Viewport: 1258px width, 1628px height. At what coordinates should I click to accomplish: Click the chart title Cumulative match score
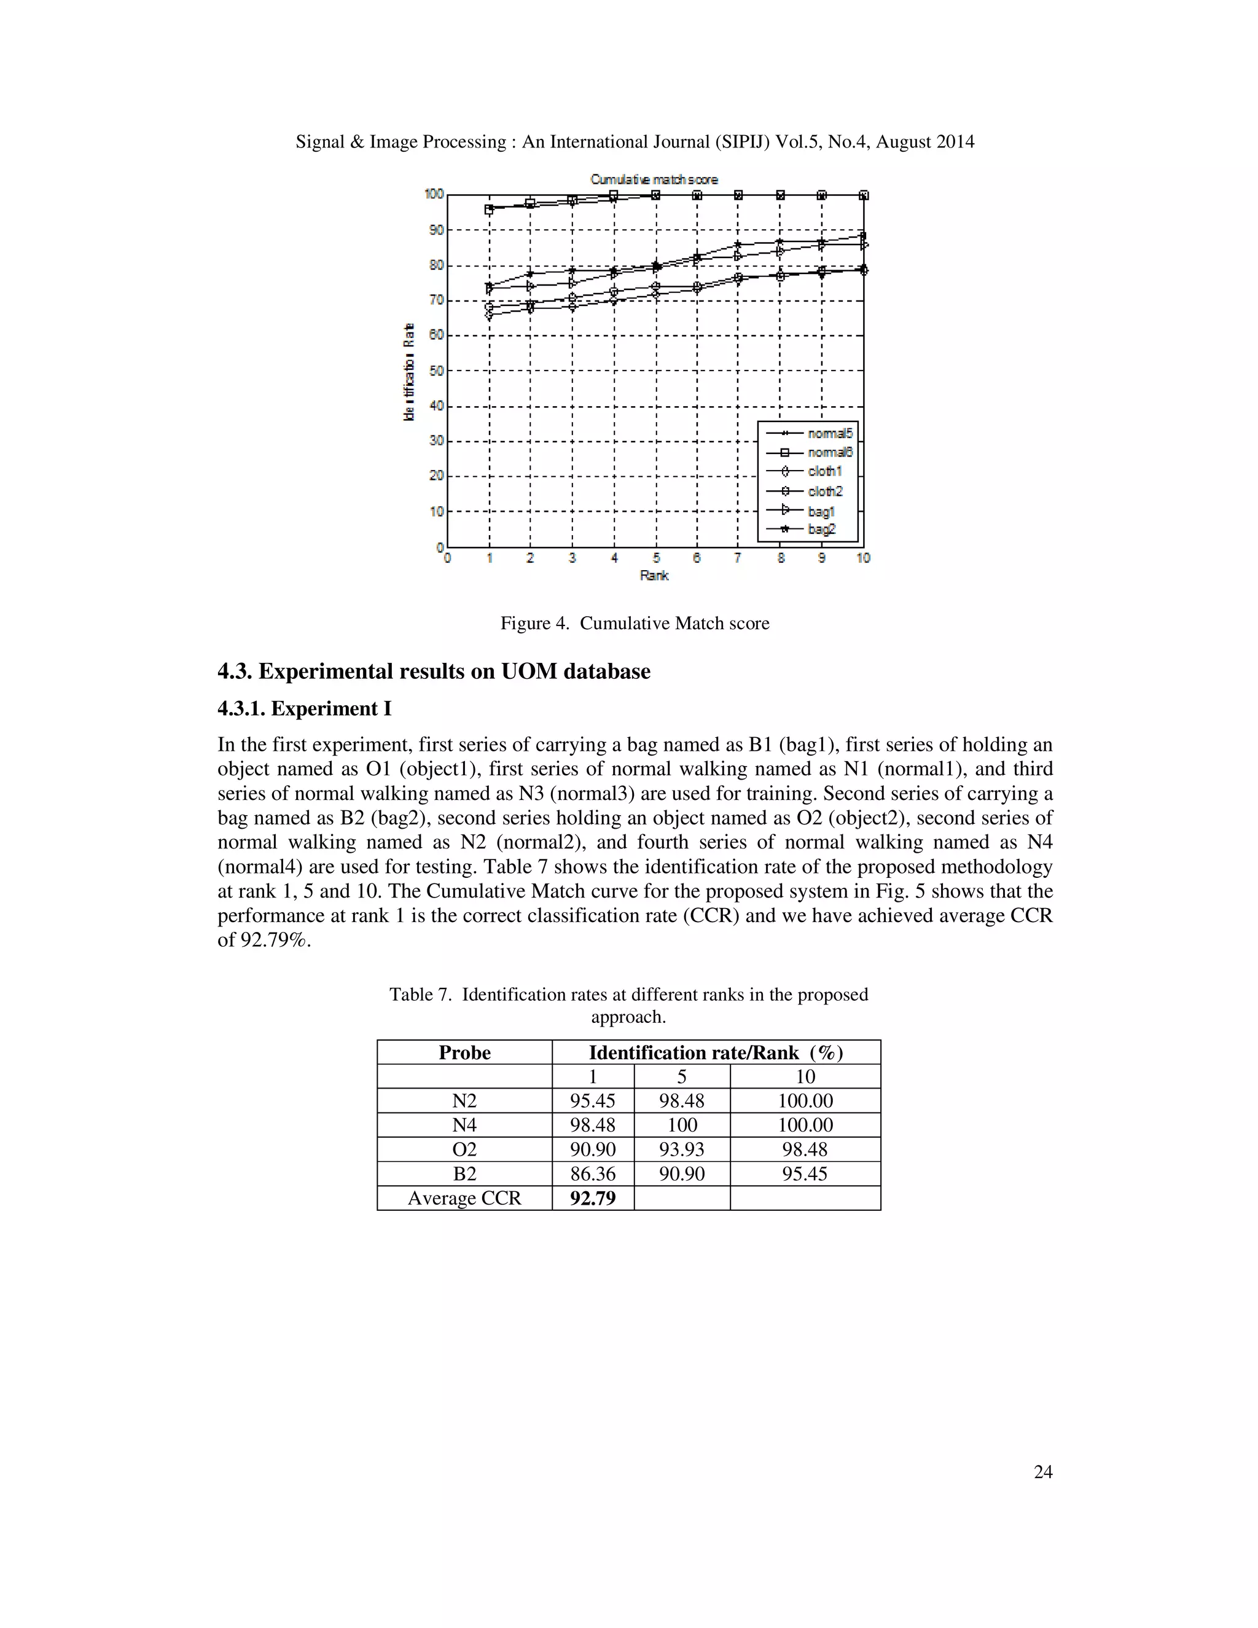(x=654, y=179)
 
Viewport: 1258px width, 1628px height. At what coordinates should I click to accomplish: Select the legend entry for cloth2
(x=824, y=491)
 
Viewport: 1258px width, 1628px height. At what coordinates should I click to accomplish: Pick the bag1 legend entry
(x=821, y=511)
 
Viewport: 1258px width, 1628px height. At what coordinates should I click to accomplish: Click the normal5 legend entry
(x=829, y=433)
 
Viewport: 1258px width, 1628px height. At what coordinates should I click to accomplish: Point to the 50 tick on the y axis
(x=437, y=370)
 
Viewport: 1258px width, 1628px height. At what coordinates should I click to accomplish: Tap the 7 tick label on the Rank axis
(x=738, y=558)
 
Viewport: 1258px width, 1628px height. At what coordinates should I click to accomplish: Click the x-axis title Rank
(x=654, y=576)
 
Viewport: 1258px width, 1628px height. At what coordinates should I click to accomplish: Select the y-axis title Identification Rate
(x=408, y=372)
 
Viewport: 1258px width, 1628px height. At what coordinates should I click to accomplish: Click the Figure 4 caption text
(x=634, y=623)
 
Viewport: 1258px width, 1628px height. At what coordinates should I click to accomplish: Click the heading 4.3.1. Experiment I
(x=304, y=708)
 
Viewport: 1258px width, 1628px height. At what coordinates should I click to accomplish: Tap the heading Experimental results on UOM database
(x=454, y=671)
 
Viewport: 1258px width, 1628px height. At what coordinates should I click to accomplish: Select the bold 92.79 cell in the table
(x=593, y=1198)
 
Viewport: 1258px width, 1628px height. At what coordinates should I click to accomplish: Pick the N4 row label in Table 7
(x=464, y=1125)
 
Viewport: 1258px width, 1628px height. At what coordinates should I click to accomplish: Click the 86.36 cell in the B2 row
(x=593, y=1174)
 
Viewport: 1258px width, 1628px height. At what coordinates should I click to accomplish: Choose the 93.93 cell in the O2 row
(x=681, y=1149)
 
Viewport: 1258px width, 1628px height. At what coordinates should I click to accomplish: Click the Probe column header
(x=464, y=1052)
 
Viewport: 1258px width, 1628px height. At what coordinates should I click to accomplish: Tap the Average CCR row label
(x=464, y=1198)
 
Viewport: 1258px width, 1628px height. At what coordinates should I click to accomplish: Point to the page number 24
(x=1042, y=1471)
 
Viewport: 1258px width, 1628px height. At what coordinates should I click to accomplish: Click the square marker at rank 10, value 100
(x=864, y=195)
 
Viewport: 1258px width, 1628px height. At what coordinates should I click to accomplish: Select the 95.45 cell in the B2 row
(x=805, y=1174)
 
